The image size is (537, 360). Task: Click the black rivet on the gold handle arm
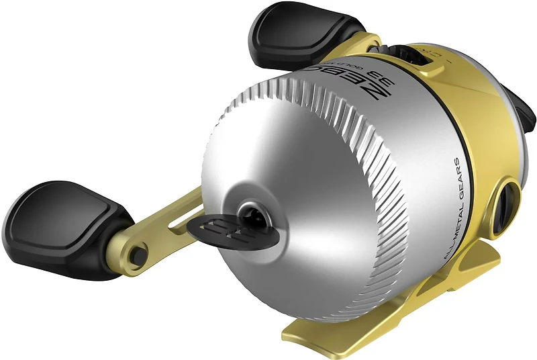tap(138, 253)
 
